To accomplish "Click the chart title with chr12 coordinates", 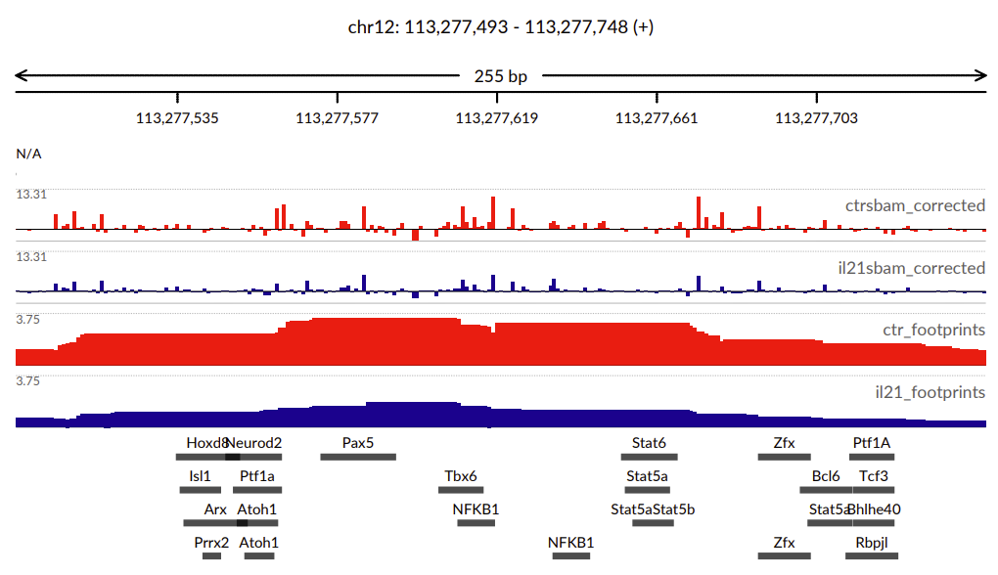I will tap(500, 27).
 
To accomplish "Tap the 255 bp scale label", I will tap(500, 76).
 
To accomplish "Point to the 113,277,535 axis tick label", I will tap(177, 118).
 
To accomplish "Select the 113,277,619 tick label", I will tap(496, 118).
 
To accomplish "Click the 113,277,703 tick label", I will tap(816, 118).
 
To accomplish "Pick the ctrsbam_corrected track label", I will tap(915, 205).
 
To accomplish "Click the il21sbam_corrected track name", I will tap(915, 268).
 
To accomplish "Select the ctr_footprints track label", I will tap(933, 330).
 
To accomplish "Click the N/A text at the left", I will tap(28, 154).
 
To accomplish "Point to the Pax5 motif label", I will tap(358, 443).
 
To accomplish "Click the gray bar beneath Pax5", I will tap(358, 457).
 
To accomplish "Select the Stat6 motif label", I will tap(649, 443).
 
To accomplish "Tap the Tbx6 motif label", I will tap(461, 476).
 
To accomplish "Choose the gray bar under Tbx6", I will tap(461, 490).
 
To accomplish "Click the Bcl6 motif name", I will tap(826, 476).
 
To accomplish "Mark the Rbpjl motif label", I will tap(871, 542).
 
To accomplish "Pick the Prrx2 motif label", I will tap(211, 542).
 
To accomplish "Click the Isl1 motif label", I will tap(200, 476).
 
